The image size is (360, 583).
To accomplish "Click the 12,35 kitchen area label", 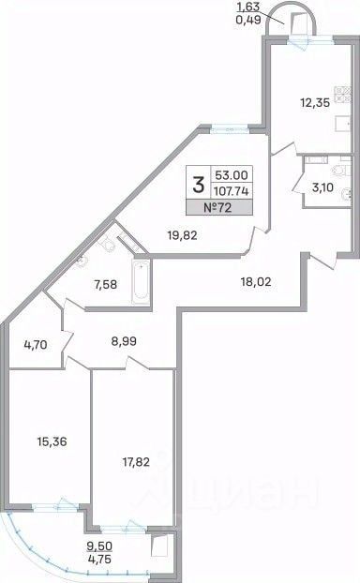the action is (315, 102).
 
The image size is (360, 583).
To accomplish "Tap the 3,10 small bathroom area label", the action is (322, 187).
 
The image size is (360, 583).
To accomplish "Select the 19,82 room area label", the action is (182, 235).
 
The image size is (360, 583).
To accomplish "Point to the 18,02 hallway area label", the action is (256, 282).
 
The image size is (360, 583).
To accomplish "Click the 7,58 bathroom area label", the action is (104, 285).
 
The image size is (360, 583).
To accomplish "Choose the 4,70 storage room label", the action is (36, 345).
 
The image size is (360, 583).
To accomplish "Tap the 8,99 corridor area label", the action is (124, 341).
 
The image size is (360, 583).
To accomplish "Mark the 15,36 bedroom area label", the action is (52, 441).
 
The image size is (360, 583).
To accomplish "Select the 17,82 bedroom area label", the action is (136, 462).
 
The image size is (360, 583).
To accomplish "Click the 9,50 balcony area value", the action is (99, 546).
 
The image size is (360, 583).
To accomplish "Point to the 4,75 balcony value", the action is (99, 559).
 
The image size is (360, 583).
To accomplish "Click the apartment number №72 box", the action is (219, 207).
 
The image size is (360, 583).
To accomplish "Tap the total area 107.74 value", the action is (232, 191).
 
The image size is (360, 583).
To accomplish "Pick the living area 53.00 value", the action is (232, 174).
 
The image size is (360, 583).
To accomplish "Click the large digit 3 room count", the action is (199, 185).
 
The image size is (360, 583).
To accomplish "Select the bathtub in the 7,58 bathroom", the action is (142, 282).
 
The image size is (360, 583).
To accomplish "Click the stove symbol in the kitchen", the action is (342, 94).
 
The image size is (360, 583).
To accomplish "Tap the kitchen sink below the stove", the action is (342, 124).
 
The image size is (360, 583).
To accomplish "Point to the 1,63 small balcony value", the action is (247, 7).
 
